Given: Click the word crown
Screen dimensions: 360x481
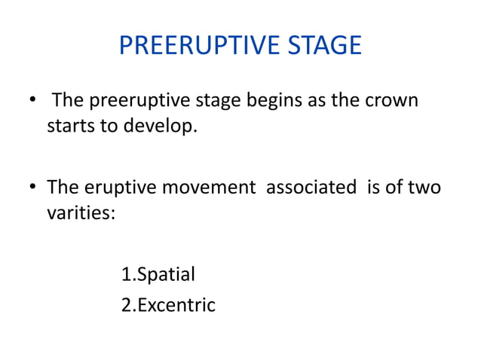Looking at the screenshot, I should point(392,102).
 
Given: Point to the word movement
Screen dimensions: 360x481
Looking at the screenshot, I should point(208,187).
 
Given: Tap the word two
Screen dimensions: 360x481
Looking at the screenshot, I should point(424,187).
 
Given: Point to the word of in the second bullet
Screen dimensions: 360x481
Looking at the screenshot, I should point(395,187).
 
